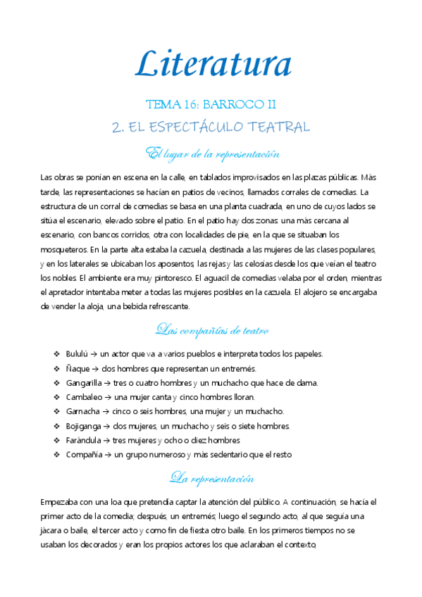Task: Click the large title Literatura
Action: [213, 65]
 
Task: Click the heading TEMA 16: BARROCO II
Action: [211, 105]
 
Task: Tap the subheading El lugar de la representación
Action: [212, 153]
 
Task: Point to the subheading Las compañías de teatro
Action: [211, 330]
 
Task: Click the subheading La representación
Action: [211, 479]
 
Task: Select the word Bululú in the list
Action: [79, 354]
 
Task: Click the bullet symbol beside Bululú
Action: [56, 354]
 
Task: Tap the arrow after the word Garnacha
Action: [106, 411]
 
